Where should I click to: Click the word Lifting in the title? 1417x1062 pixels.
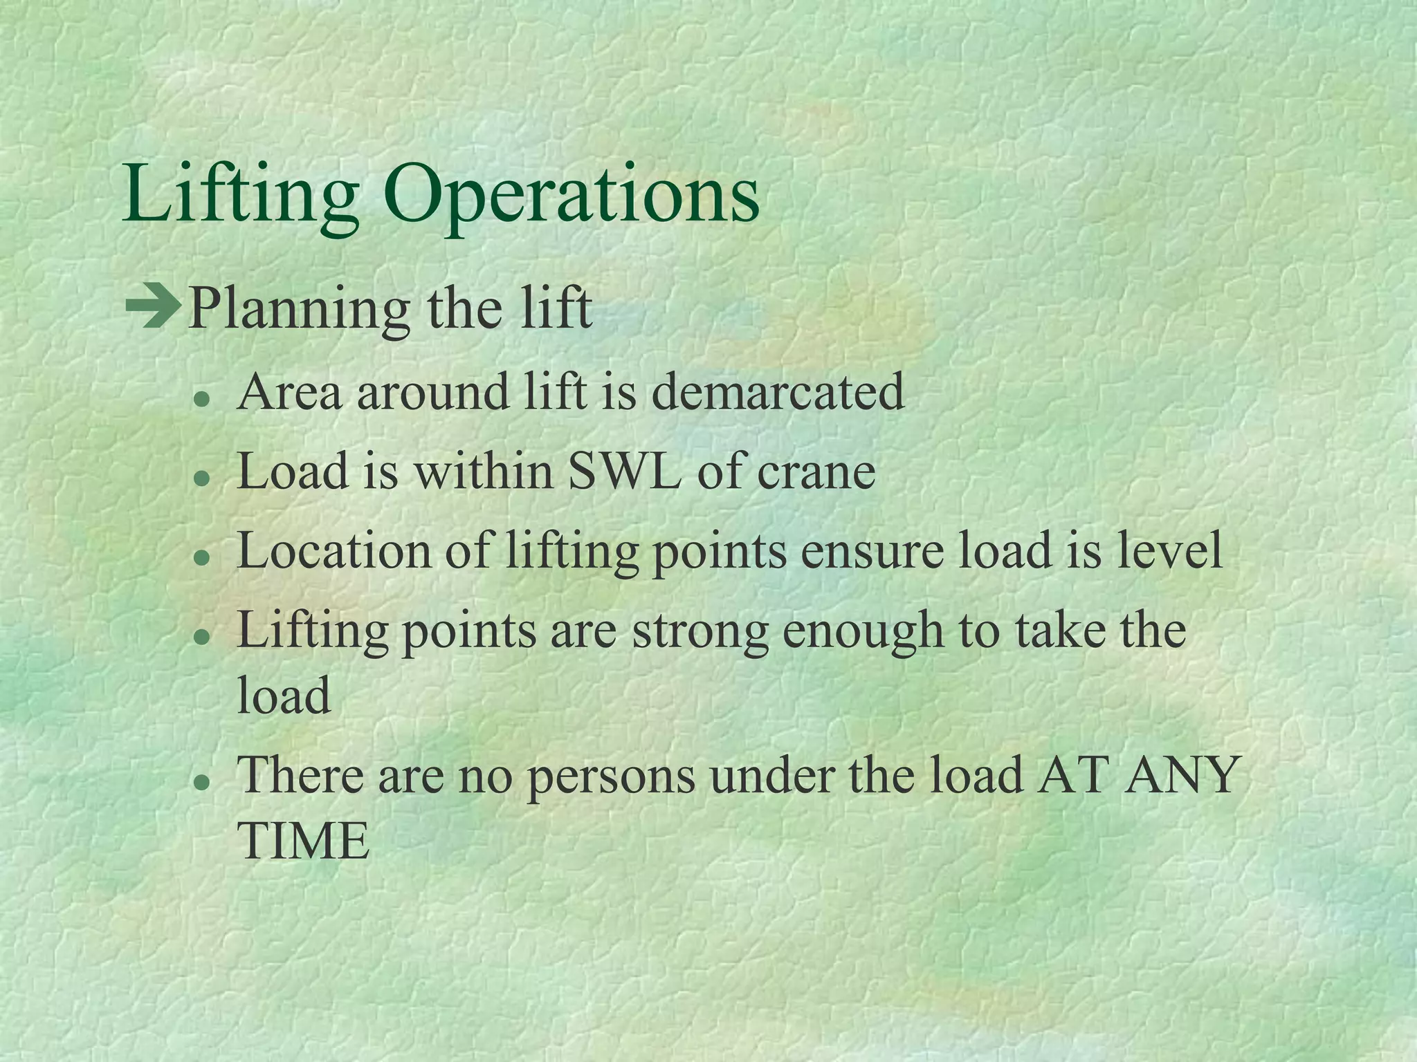click(x=239, y=196)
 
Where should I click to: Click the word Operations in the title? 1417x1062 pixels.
click(x=572, y=196)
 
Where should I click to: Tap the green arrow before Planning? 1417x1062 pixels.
click(x=152, y=308)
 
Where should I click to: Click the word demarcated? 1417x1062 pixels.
click(x=778, y=392)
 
